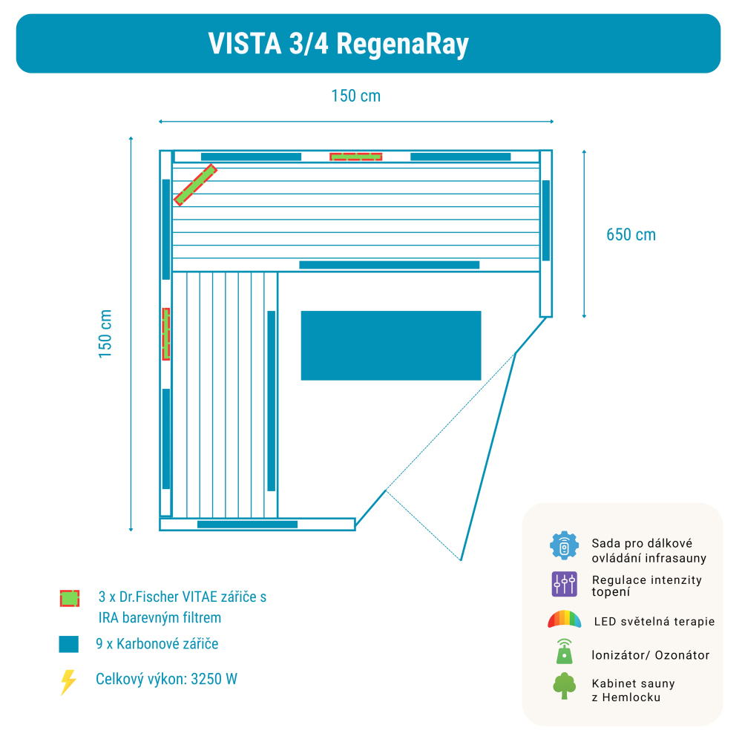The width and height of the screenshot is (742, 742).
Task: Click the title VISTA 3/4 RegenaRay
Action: pos(338,45)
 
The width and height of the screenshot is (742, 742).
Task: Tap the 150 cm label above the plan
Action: pos(355,96)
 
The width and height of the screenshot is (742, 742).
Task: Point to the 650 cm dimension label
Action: pos(631,234)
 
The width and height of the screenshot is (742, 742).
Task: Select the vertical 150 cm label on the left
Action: pos(105,334)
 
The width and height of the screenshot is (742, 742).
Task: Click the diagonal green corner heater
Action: pos(195,185)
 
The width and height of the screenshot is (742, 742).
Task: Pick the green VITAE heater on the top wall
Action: pos(356,157)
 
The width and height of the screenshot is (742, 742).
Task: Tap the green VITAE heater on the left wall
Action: pos(166,334)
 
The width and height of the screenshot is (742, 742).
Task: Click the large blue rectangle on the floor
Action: pos(391,346)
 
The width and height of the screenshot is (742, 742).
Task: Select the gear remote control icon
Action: pos(564,545)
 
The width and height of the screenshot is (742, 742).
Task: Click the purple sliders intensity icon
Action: pos(564,584)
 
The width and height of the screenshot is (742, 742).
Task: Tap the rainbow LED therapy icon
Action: pos(564,619)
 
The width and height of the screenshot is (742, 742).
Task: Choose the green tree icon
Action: pos(564,686)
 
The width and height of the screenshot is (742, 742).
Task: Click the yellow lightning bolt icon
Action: pos(68,681)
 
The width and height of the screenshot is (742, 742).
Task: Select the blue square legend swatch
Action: pos(68,644)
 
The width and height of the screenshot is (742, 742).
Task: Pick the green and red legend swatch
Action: pos(69,598)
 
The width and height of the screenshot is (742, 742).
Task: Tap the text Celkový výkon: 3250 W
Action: pos(166,679)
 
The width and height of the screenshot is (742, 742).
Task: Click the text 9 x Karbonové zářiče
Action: pos(157,643)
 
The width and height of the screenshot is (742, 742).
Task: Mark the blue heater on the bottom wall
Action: pos(247,525)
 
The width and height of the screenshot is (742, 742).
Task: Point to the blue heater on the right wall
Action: pos(546,220)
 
